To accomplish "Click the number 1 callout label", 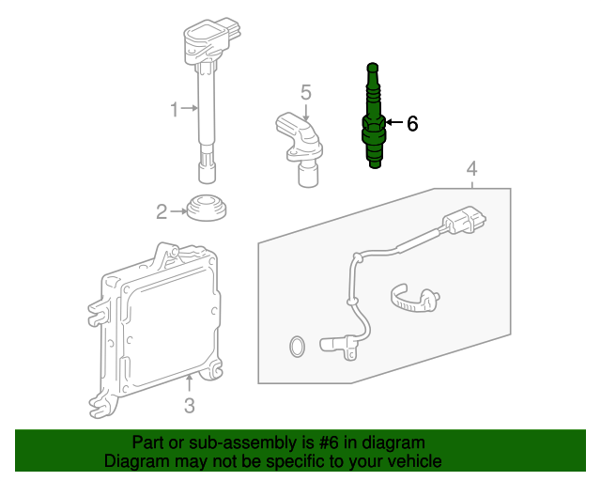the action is point(175,109).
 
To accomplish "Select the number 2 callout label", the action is point(162,211).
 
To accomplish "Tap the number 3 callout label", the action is point(190,406).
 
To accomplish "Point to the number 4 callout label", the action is point(471,169).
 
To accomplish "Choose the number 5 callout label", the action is point(306,92).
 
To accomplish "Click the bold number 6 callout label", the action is point(412,124).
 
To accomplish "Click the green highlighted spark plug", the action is point(374,116).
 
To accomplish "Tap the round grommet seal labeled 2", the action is point(207,208).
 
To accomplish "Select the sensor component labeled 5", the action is point(300,149).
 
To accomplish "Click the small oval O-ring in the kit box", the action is point(297,347).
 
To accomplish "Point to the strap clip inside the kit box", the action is point(415,299).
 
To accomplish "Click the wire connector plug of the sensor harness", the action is point(464,220).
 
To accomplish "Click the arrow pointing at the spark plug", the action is point(394,122).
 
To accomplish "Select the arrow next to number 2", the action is point(178,211).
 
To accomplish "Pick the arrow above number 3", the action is point(189,383).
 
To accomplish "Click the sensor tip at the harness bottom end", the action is point(338,346).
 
